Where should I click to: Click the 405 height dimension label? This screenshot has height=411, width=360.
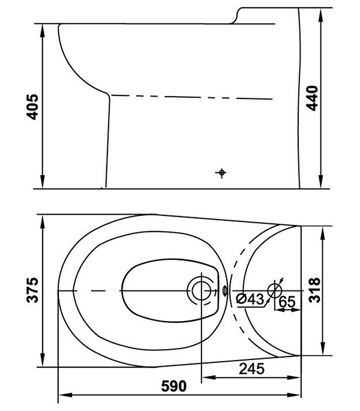(x=32, y=107)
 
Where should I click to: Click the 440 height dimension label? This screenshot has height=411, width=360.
(x=312, y=98)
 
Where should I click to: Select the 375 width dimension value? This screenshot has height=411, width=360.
(x=32, y=290)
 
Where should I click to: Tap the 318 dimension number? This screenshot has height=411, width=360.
(x=314, y=290)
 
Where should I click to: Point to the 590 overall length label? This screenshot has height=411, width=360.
(x=174, y=386)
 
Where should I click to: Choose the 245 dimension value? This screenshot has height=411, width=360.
(x=252, y=369)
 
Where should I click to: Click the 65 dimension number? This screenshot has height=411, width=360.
(x=287, y=302)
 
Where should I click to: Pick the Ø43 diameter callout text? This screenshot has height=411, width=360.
(x=250, y=299)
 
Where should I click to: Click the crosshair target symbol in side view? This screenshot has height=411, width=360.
(x=221, y=172)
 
